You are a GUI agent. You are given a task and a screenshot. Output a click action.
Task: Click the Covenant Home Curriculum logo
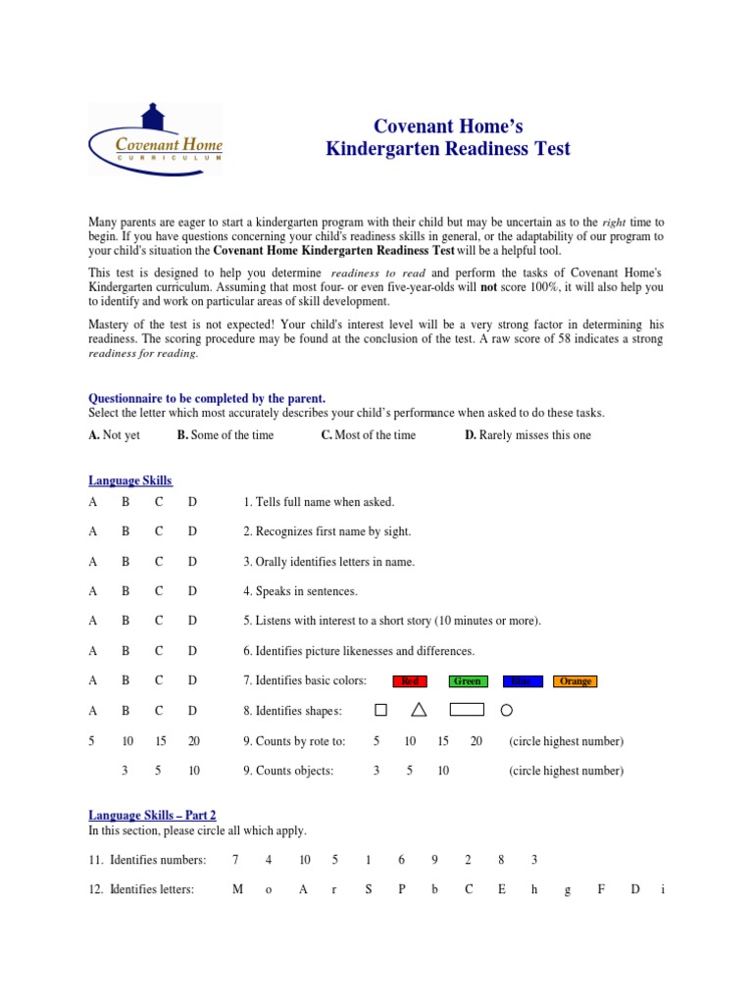click(x=156, y=139)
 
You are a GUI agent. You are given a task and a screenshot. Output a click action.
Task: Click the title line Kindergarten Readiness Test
click(x=448, y=149)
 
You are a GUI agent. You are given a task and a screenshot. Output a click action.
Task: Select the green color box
click(x=468, y=681)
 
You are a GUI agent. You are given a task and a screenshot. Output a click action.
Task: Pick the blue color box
click(x=523, y=681)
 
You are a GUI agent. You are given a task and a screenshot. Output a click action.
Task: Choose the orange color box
click(x=576, y=681)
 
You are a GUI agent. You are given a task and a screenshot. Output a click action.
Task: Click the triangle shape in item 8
click(x=419, y=709)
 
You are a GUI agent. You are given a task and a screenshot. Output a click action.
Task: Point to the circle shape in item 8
click(x=507, y=710)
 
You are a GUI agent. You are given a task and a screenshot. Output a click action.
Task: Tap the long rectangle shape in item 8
click(x=467, y=710)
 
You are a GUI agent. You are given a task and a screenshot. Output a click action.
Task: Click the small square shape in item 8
click(x=381, y=710)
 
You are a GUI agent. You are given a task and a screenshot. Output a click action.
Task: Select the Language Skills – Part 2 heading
click(x=152, y=815)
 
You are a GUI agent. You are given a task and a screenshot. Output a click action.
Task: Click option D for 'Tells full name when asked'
click(x=192, y=502)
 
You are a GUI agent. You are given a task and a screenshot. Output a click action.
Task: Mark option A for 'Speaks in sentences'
click(x=93, y=591)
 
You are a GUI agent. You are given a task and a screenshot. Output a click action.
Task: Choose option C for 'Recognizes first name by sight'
click(x=159, y=531)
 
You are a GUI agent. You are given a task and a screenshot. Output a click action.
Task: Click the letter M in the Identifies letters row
click(x=237, y=889)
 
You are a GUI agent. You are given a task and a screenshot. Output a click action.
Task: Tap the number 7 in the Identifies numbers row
click(x=235, y=860)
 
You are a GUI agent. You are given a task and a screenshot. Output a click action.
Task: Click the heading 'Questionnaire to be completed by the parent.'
click(x=207, y=398)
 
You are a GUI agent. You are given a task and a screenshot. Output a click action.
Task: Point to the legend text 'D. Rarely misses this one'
click(x=527, y=435)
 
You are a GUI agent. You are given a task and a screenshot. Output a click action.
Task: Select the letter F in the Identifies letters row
click(x=601, y=889)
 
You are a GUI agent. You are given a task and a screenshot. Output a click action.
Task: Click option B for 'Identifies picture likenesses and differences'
click(x=125, y=651)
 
